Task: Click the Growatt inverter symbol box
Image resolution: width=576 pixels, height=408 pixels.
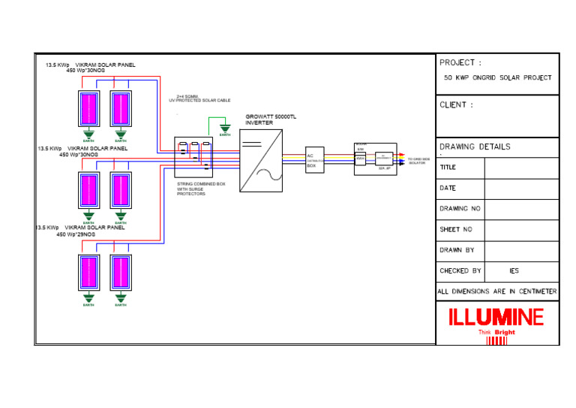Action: [x=261, y=160]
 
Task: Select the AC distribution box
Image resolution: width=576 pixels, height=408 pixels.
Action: [x=314, y=160]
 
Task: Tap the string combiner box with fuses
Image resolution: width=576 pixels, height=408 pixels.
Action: [x=193, y=157]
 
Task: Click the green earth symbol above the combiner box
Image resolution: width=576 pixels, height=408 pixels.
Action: [x=223, y=128]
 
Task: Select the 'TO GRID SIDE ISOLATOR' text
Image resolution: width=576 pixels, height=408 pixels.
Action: [x=418, y=161]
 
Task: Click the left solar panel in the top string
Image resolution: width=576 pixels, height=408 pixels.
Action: [x=88, y=109]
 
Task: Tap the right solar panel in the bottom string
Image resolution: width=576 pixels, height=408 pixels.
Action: [x=121, y=273]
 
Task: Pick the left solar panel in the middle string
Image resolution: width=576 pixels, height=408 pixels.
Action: [x=88, y=191]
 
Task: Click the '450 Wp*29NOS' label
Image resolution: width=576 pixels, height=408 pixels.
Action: [x=76, y=234]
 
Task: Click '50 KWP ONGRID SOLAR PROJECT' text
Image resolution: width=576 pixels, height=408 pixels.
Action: [x=497, y=77]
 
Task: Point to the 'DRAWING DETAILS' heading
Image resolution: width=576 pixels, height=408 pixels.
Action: [x=475, y=147]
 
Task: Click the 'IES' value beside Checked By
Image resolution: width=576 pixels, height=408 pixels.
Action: [x=514, y=270]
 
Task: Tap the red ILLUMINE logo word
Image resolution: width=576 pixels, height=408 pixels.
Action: [x=496, y=318]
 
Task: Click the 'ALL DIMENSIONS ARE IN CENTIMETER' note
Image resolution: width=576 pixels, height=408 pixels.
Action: [x=497, y=292]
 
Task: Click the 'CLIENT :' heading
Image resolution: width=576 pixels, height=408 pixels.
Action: [x=456, y=105]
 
